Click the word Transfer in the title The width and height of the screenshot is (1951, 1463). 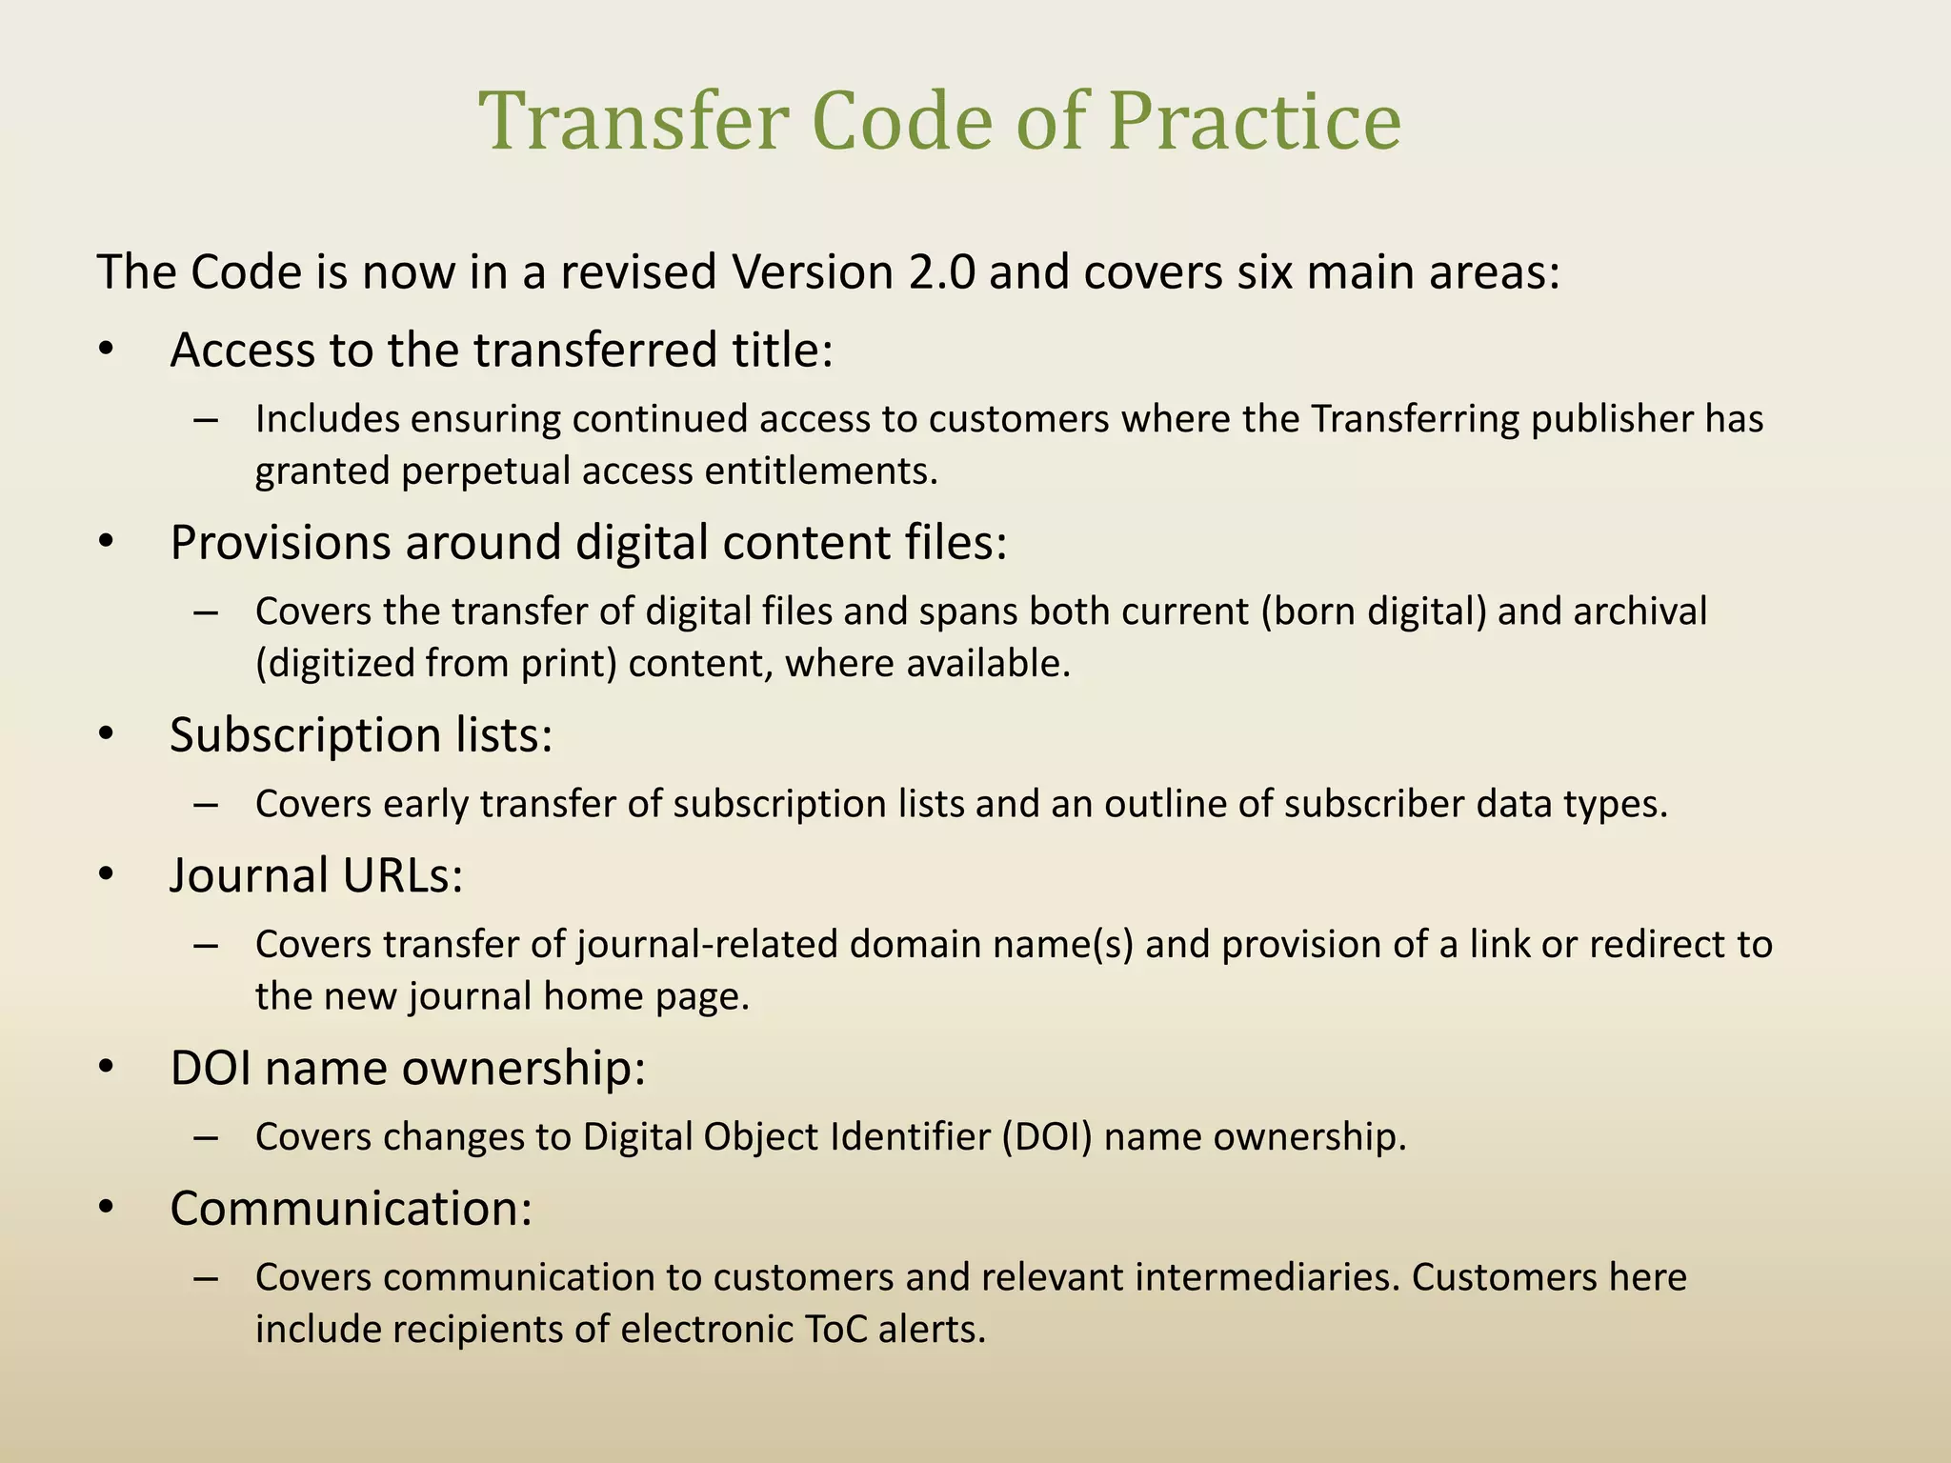(634, 121)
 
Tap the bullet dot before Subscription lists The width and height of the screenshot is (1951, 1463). (106, 734)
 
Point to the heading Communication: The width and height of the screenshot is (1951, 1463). (351, 1208)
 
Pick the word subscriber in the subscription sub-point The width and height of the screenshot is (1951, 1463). (1374, 804)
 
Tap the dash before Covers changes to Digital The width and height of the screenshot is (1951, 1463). (206, 1136)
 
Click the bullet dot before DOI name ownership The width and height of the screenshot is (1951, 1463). (106, 1067)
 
